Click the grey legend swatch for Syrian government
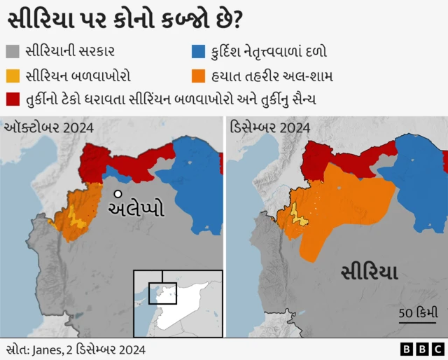(14, 51)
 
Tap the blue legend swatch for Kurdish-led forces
(199, 51)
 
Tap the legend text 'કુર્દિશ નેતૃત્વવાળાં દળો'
(269, 51)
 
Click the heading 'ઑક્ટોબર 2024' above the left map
(49, 127)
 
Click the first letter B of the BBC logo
(407, 348)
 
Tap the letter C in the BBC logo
(437, 348)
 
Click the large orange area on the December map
(343, 210)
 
